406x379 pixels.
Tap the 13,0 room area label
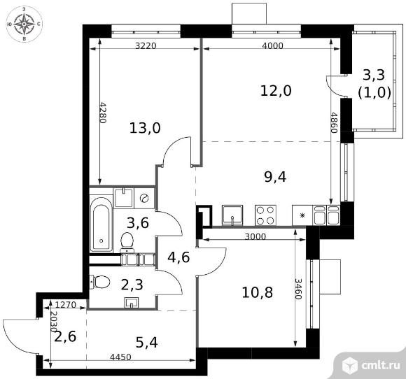tap(146, 128)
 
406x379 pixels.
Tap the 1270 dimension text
tap(65, 305)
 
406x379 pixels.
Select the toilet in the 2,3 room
tap(100, 283)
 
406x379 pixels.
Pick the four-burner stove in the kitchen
tap(266, 214)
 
